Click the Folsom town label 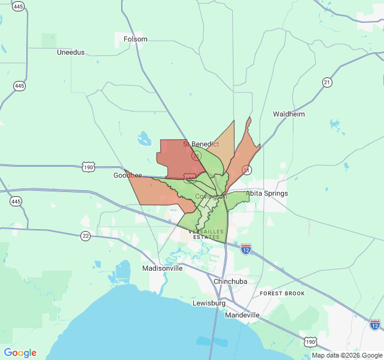tap(135, 39)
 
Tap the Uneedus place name tap(71, 52)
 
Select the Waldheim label tap(289, 114)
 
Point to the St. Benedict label tap(201, 144)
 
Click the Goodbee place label tap(128, 175)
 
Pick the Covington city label tap(211, 196)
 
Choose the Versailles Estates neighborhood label tap(207, 234)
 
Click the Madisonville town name tap(162, 268)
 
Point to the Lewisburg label tap(208, 303)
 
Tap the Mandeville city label tap(242, 315)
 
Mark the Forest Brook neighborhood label tap(282, 293)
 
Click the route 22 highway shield tap(86, 236)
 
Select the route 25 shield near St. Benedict tap(196, 155)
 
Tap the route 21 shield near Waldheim tap(327, 82)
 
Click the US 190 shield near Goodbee tap(89, 167)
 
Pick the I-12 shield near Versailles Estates tap(246, 248)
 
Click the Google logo tap(20, 353)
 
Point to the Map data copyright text tap(347, 355)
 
